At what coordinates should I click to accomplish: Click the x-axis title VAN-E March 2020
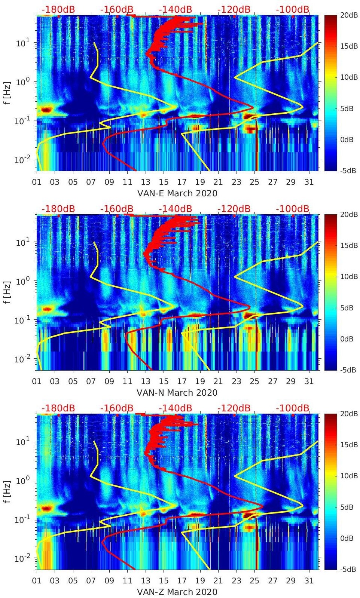tap(177, 193)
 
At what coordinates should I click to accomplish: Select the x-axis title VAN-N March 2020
tap(177, 393)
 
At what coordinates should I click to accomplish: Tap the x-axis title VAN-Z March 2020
tap(177, 592)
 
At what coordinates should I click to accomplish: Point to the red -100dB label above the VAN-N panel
tap(293, 209)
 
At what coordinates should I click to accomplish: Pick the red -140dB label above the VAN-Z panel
tap(175, 408)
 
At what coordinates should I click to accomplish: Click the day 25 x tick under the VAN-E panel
tap(254, 182)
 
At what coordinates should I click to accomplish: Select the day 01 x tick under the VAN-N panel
tap(37, 381)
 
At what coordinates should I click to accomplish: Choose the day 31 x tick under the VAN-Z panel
tap(309, 581)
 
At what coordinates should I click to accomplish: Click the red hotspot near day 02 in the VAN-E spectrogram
tap(46, 110)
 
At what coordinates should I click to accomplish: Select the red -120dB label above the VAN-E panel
tap(234, 9)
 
